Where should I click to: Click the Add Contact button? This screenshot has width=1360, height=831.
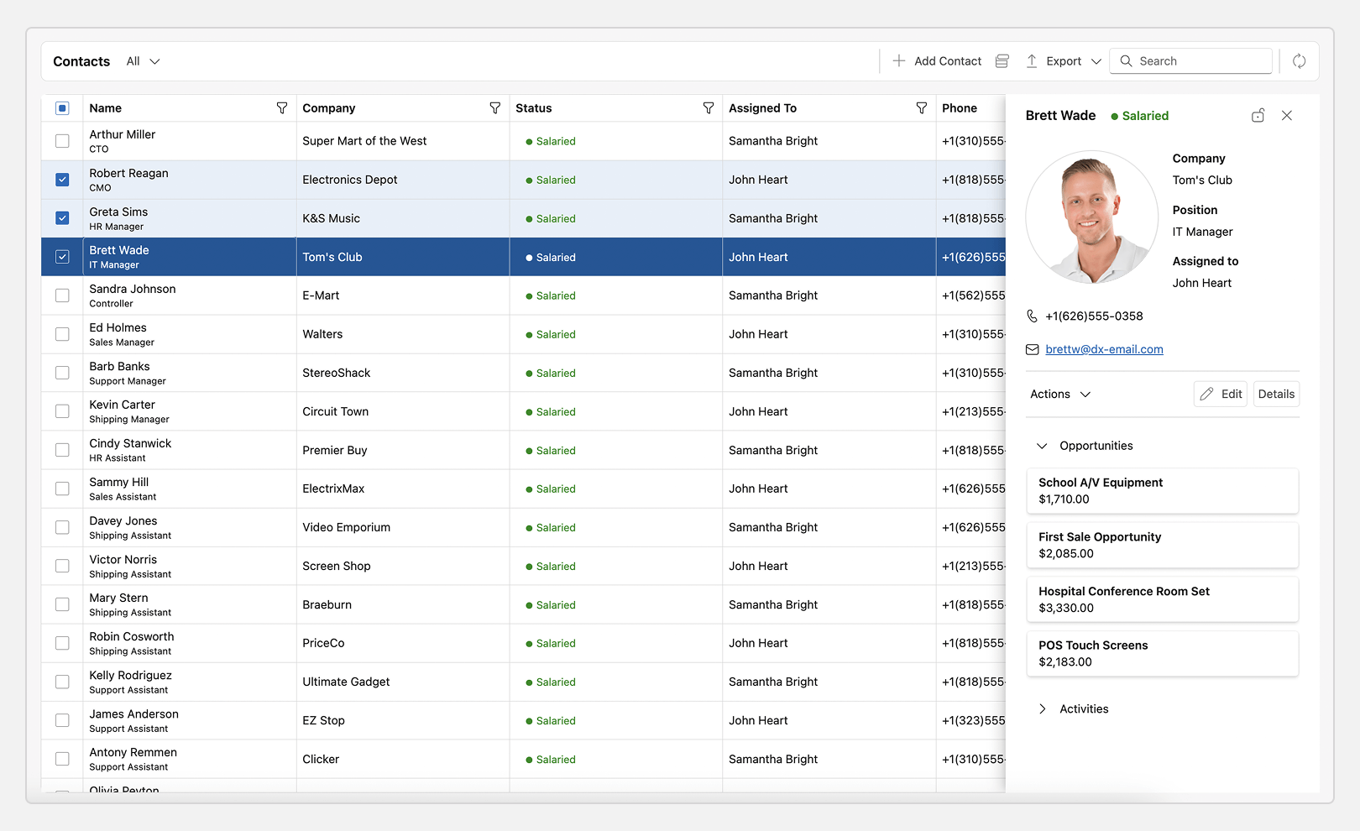tap(937, 61)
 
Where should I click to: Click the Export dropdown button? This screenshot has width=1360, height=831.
tap(1064, 61)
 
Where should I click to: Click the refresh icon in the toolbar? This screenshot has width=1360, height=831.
tap(1299, 61)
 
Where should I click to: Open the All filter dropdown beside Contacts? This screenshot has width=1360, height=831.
tap(143, 61)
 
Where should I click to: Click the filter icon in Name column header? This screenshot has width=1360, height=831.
tap(282, 108)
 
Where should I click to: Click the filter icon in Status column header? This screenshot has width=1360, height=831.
tap(709, 108)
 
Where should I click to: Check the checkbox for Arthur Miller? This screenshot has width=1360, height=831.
tap(62, 141)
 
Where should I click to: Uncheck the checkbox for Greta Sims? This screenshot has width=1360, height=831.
tap(62, 218)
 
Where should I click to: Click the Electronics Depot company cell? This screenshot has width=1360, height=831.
tap(350, 180)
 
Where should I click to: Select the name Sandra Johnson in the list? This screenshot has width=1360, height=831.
tap(133, 289)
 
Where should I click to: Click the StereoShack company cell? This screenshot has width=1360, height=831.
tap(337, 373)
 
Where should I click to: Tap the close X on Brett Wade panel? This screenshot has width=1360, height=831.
tap(1287, 116)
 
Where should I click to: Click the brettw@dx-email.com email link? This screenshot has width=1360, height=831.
tap(1104, 349)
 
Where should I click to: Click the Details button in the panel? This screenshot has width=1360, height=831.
tap(1276, 394)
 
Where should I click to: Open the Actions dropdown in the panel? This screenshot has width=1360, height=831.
tap(1059, 394)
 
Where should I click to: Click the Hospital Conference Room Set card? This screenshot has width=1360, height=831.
tap(1162, 599)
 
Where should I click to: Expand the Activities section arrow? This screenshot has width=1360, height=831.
tap(1043, 709)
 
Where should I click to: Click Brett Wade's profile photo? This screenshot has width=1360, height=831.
tap(1091, 217)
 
